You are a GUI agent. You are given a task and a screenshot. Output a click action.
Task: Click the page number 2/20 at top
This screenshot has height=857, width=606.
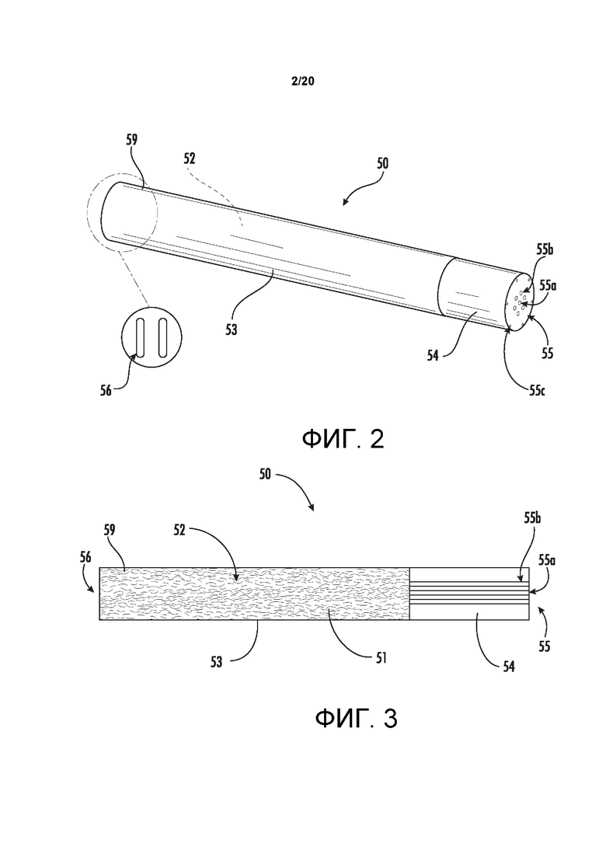[x=303, y=82]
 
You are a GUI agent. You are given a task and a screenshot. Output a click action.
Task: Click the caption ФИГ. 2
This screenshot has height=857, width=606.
[x=343, y=439]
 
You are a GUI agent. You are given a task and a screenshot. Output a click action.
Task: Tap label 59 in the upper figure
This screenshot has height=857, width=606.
[x=132, y=139]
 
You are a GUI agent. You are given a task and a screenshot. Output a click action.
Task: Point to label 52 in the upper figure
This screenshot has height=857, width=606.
[x=189, y=159]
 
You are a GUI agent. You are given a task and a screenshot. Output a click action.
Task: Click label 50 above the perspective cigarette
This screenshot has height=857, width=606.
[x=382, y=163]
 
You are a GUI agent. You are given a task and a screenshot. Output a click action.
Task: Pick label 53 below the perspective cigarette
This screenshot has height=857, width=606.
[x=232, y=330]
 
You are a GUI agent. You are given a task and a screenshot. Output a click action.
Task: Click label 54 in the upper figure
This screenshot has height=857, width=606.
[x=433, y=356]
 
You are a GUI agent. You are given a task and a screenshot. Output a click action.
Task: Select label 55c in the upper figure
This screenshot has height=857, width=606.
[x=537, y=390]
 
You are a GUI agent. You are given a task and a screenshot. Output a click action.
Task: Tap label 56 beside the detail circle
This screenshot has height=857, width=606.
[x=106, y=390]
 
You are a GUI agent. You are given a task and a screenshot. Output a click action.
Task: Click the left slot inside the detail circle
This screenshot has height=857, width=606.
[x=141, y=338]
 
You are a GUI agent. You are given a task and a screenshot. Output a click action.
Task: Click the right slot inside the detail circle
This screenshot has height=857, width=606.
[x=162, y=338]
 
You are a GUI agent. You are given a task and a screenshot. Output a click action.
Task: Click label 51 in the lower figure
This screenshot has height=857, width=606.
[x=381, y=657]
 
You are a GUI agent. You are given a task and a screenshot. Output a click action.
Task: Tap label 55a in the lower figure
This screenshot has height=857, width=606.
[x=547, y=560]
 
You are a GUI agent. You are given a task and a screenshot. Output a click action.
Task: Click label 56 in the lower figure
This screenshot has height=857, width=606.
[x=85, y=558]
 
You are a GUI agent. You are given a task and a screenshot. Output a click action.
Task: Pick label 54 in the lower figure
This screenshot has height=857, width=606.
[x=509, y=666]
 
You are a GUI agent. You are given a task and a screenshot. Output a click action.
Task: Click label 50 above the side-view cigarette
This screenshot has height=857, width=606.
[x=264, y=474]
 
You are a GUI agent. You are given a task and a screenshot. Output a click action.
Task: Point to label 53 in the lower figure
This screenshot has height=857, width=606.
[x=217, y=662]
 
